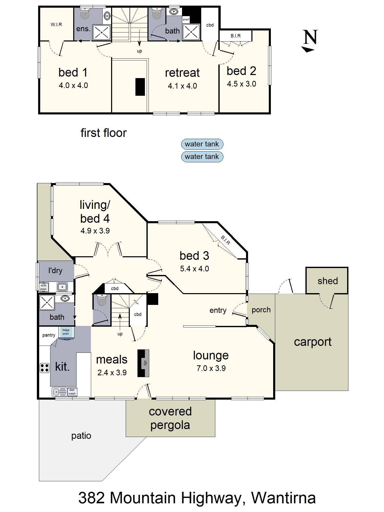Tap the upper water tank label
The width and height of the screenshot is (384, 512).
click(x=202, y=144)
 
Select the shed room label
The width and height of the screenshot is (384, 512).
click(x=328, y=281)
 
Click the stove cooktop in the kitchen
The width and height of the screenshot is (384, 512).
click(x=45, y=368)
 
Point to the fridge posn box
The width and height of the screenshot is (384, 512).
click(x=66, y=332)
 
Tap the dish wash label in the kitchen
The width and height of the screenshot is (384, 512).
click(x=72, y=392)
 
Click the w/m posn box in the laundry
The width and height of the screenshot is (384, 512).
click(x=43, y=287)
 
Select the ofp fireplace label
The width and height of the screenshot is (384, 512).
click(x=145, y=363)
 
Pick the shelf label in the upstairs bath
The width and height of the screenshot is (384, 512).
click(x=186, y=19)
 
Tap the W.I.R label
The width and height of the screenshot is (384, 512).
click(x=56, y=25)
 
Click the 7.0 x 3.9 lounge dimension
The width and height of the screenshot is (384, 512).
click(x=211, y=368)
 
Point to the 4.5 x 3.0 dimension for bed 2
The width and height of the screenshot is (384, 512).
click(x=241, y=84)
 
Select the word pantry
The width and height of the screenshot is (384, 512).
click(x=49, y=335)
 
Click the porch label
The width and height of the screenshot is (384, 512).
click(x=261, y=310)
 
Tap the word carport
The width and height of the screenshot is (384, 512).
click(x=313, y=342)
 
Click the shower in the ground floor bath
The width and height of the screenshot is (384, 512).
click(x=47, y=302)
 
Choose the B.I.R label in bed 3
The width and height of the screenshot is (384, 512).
click(x=225, y=240)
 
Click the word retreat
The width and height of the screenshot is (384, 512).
click(x=182, y=73)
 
